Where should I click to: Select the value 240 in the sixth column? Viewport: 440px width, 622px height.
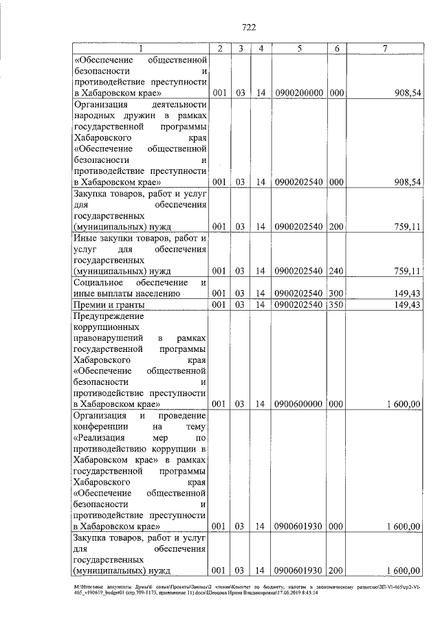click(336, 271)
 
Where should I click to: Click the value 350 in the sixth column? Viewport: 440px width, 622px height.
click(336, 304)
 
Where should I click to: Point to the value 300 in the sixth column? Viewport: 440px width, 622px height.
click(336, 293)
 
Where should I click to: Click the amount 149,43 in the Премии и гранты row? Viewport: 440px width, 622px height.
click(404, 304)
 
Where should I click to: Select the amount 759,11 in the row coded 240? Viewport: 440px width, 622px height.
click(404, 271)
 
